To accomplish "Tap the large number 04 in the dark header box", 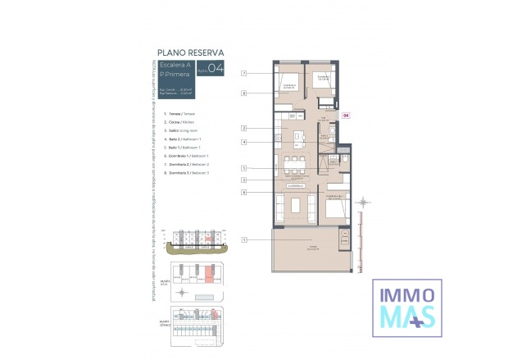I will click(216, 69).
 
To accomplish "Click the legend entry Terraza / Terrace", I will click(182, 114).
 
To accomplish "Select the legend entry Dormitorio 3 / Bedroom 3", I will click(188, 173).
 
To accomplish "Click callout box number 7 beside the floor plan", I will click(244, 74).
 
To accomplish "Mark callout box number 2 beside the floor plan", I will click(244, 128).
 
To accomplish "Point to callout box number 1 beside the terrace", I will click(244, 239).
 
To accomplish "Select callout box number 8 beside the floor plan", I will click(244, 93).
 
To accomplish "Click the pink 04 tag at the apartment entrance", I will click(346, 116).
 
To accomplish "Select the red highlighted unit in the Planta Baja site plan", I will click(209, 274).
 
